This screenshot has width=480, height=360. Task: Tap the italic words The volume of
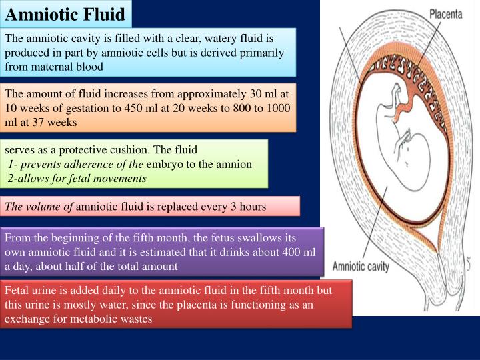click(39, 207)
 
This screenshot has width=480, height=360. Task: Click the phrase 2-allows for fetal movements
click(77, 178)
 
